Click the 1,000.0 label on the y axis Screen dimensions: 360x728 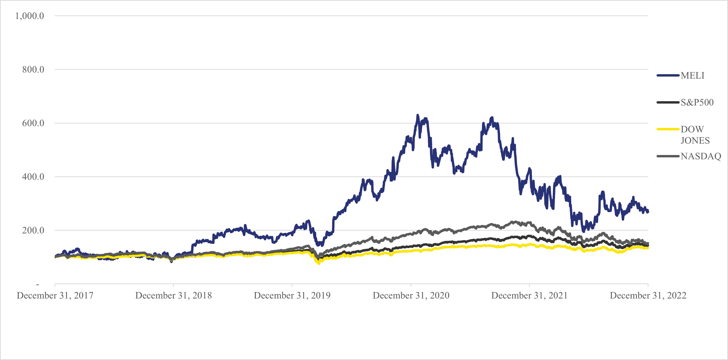click(x=29, y=16)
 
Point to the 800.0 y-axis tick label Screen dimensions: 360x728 click(x=33, y=70)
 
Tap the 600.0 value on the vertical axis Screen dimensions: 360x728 click(x=33, y=123)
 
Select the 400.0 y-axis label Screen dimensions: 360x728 click(x=33, y=177)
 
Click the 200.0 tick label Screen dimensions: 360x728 click(x=33, y=230)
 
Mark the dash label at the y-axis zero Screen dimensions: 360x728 click(x=38, y=284)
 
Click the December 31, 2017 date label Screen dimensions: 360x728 click(x=55, y=296)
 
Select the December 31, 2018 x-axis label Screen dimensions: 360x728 click(x=174, y=296)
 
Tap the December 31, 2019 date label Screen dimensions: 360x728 click(x=292, y=296)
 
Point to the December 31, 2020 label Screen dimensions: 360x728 click(x=411, y=296)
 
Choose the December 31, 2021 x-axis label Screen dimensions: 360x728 click(x=529, y=296)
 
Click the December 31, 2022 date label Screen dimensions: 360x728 click(x=648, y=296)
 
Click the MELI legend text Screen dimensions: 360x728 click(x=692, y=76)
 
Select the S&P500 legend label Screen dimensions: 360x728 click(x=697, y=102)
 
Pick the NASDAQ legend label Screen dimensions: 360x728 click(x=701, y=156)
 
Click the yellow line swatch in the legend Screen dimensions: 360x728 click(x=668, y=129)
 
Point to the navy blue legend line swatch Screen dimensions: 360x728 click(x=668, y=76)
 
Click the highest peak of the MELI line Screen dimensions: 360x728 click(x=417, y=115)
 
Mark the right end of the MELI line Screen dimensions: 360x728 click(x=648, y=212)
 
